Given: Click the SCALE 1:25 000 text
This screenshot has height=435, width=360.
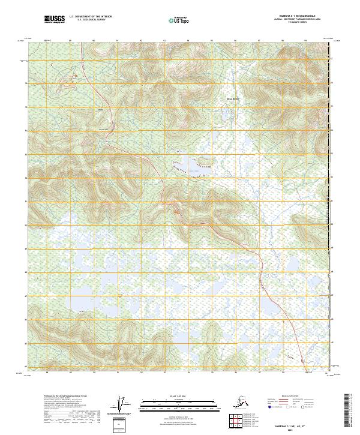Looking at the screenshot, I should [179, 395].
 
